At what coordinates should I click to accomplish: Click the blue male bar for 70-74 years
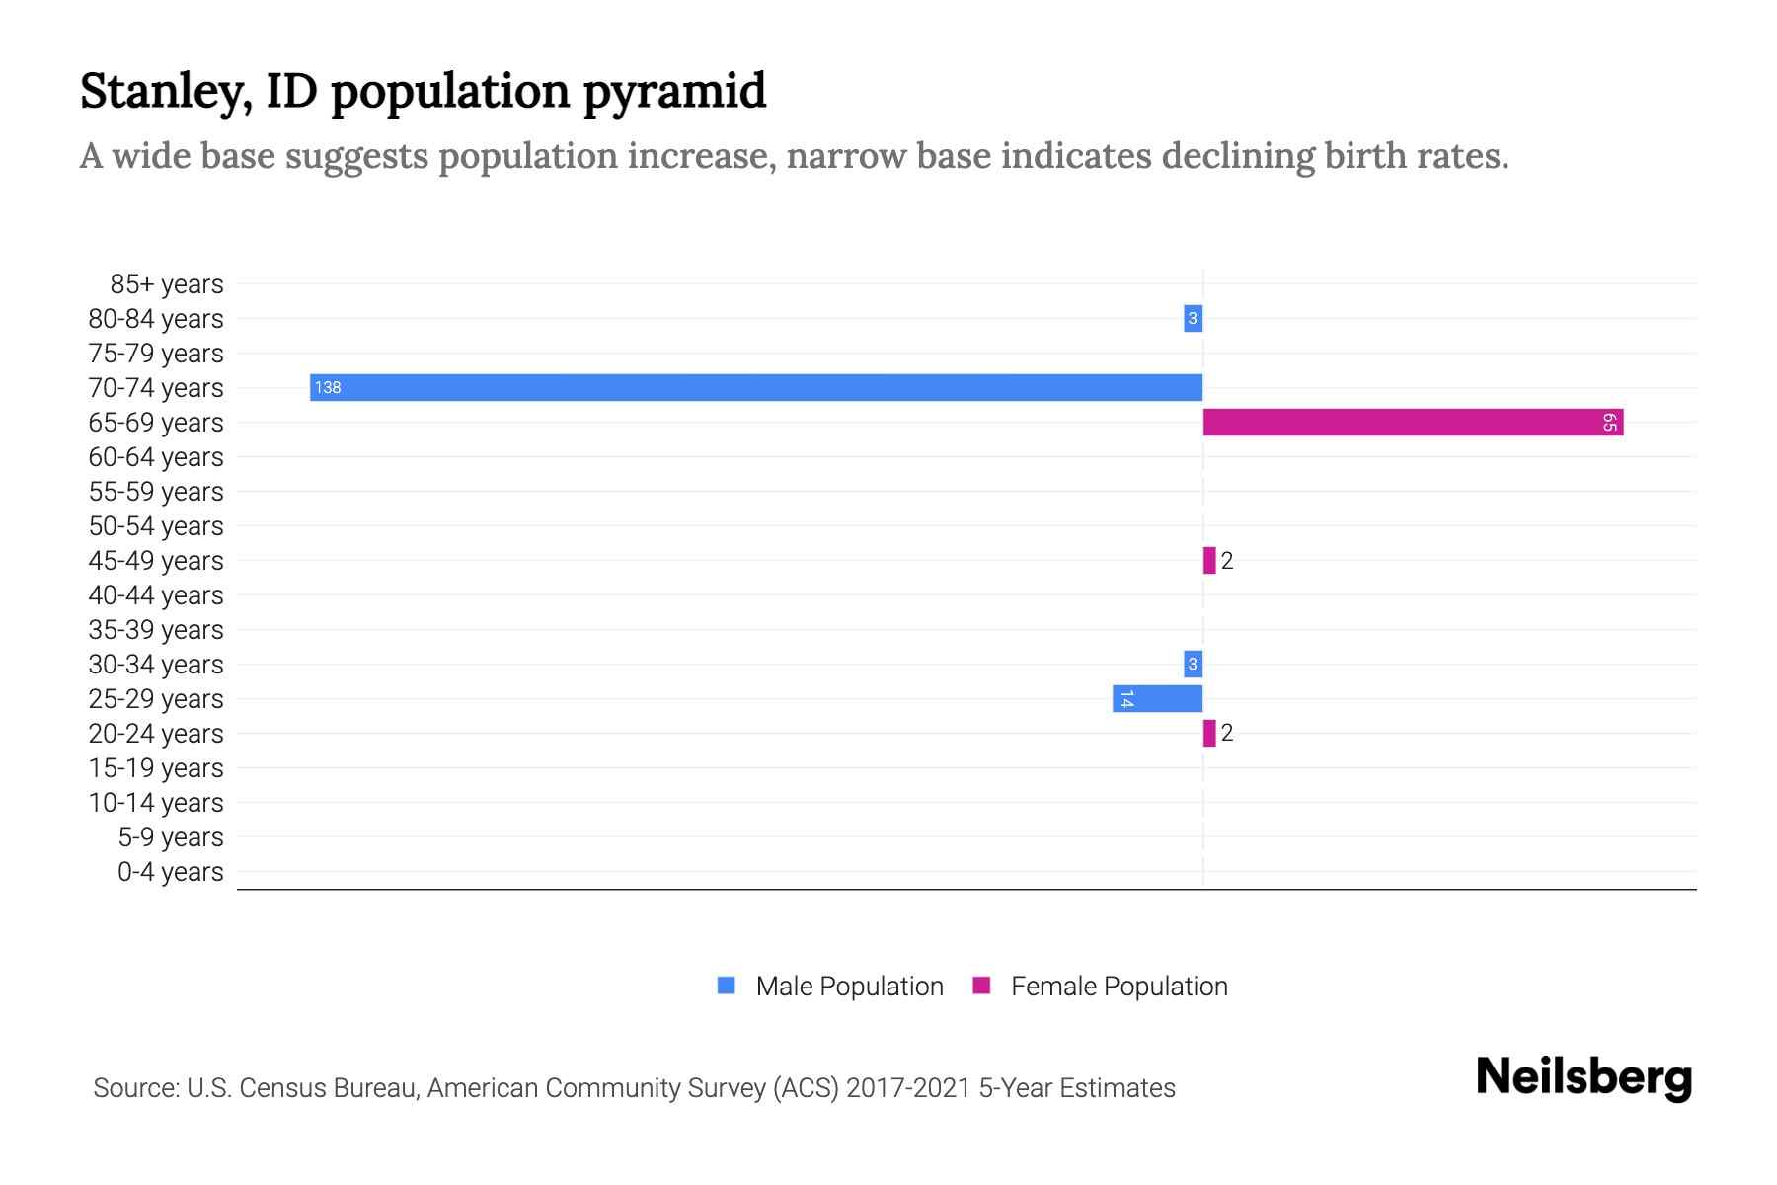tap(756, 387)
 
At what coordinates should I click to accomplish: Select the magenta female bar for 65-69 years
tap(1412, 423)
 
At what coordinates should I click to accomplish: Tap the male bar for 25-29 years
tap(1157, 699)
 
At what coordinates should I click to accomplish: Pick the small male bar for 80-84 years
tap(1193, 318)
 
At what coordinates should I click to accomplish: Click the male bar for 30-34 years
tap(1193, 664)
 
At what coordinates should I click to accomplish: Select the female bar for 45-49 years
tap(1209, 560)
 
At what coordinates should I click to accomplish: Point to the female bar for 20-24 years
tap(1209, 733)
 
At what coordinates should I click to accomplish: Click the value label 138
tap(328, 387)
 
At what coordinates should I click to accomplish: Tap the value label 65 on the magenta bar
tap(1609, 423)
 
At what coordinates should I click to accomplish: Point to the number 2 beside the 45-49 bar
tap(1227, 561)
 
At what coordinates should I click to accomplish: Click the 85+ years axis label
tap(166, 284)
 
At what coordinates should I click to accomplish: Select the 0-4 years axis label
tap(170, 872)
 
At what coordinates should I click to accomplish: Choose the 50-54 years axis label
tap(156, 526)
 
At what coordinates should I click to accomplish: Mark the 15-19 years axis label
tap(156, 768)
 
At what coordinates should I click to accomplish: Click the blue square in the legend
tap(727, 986)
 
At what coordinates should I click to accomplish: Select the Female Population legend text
tap(1119, 987)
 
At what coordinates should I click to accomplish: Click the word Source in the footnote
tap(135, 1088)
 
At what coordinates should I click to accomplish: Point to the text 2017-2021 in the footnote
tap(907, 1088)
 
